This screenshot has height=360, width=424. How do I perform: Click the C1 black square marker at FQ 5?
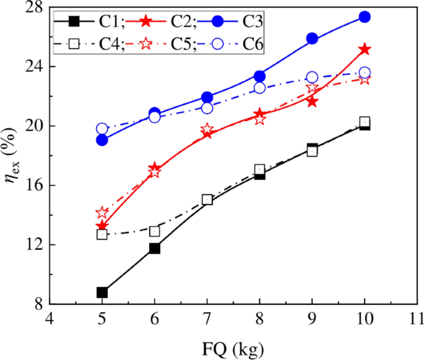tap(102, 293)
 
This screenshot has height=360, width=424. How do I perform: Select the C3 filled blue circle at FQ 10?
tap(365, 17)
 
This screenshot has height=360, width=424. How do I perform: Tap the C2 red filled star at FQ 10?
tap(365, 49)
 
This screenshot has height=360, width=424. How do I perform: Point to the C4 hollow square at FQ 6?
tap(155, 231)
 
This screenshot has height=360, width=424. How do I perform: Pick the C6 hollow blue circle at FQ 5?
tap(102, 129)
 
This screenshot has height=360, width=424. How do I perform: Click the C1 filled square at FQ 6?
tap(155, 248)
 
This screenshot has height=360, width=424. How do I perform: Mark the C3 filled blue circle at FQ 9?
tap(312, 38)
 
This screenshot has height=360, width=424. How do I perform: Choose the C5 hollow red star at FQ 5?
tap(102, 213)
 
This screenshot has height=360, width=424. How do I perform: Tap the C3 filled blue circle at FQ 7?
tap(207, 97)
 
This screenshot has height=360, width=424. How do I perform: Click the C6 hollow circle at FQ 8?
tap(259, 88)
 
